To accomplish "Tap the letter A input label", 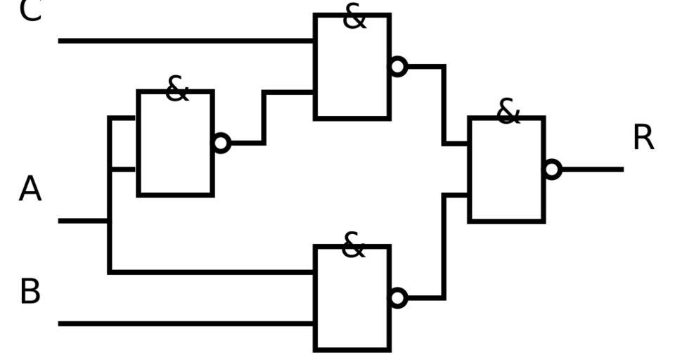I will pos(30,189).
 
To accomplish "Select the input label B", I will pos(30,291).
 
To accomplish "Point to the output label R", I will pos(643,138).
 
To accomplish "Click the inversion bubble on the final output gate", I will pos(553,169).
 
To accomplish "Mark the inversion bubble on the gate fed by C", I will pos(398,67).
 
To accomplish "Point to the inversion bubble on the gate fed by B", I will pos(398,298).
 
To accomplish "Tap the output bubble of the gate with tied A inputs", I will pos(221,143).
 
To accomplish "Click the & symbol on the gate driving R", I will pos(508,112).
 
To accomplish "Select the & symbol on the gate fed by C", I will pos(354,17).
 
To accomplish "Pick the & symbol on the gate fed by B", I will pos(353,245).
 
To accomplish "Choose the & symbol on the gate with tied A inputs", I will pos(176,89).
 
